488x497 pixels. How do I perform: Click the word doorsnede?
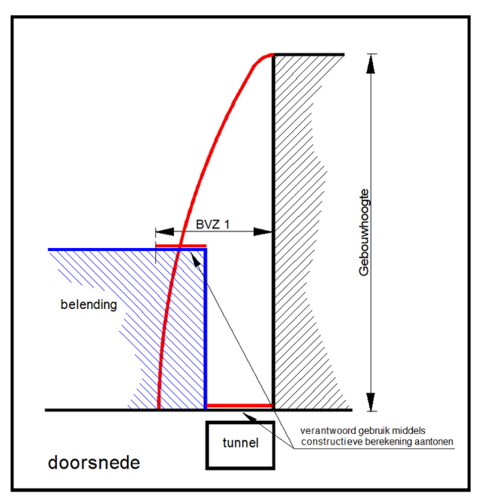pos(93,463)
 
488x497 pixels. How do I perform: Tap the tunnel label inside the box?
pos(240,443)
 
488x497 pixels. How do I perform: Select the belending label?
pos(89,304)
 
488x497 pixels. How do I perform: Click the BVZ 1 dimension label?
pos(212,225)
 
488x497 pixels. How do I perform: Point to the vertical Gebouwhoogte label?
pos(364,232)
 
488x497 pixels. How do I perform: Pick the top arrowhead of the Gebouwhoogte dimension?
pos(371,64)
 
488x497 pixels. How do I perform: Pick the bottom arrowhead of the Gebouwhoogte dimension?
pos(371,402)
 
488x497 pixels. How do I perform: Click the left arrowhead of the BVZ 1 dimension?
pos(164,231)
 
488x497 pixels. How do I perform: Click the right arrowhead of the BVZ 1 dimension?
pos(263,231)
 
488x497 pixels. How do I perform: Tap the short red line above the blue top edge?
pos(181,246)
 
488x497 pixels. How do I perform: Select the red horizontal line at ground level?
pos(239,406)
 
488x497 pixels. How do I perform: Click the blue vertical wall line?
pos(205,329)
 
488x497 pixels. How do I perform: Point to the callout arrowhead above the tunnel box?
pos(249,417)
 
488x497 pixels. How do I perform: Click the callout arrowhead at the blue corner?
pos(195,259)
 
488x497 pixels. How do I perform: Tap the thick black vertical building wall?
pos(274,232)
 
